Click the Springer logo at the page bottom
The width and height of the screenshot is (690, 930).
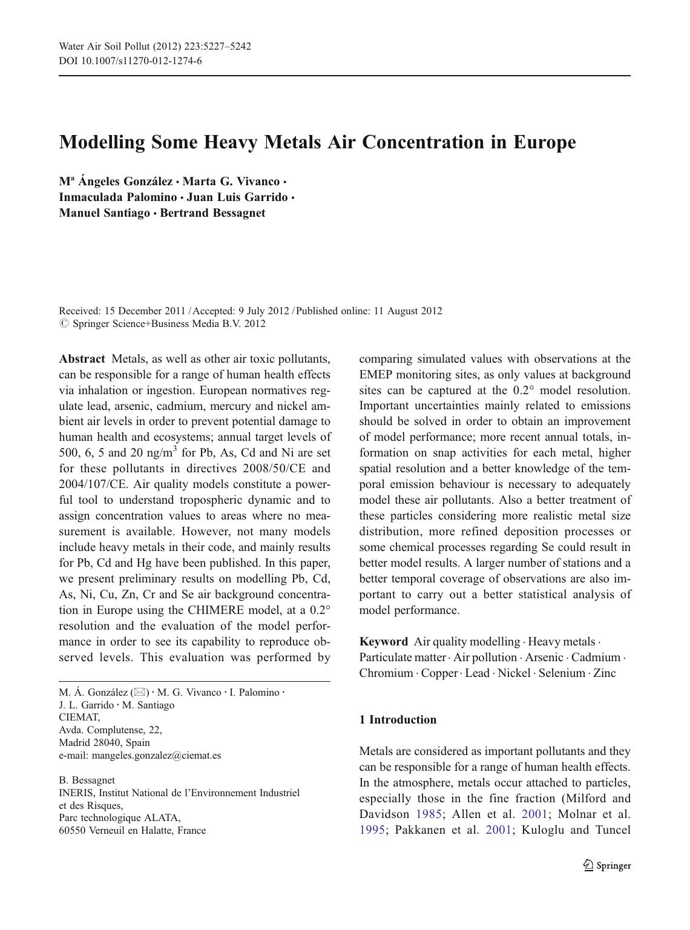coord(607,866)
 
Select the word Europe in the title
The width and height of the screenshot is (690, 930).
coord(545,142)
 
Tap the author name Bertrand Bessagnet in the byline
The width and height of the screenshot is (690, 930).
coord(212,213)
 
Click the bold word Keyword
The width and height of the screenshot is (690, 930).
coord(383,642)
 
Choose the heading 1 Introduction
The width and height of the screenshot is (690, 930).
coord(398,720)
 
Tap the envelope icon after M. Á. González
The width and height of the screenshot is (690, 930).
coord(140,693)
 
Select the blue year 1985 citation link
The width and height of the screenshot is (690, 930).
coord(429,814)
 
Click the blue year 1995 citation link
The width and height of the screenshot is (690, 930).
coord(372,830)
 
